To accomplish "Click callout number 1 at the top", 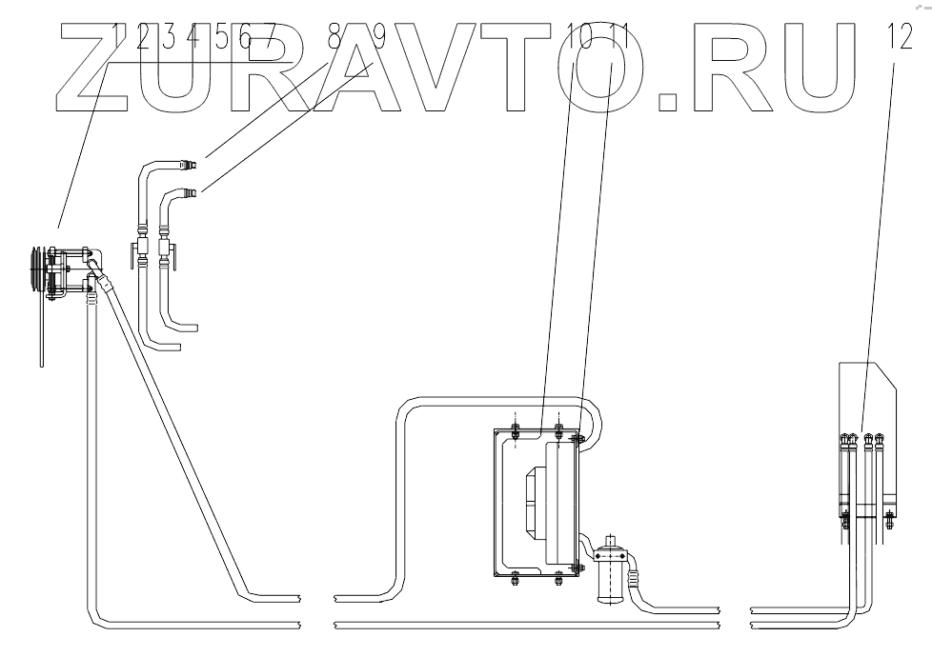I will tap(120, 37).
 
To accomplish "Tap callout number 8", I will tap(334, 37).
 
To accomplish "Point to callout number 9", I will tap(375, 37).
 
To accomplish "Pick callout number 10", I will tap(576, 37).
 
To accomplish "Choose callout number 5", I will tap(220, 37).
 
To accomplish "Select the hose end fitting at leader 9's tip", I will tap(192, 193).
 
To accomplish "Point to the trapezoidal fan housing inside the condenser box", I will tap(529, 505).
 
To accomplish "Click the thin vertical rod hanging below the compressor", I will tap(42, 333).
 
